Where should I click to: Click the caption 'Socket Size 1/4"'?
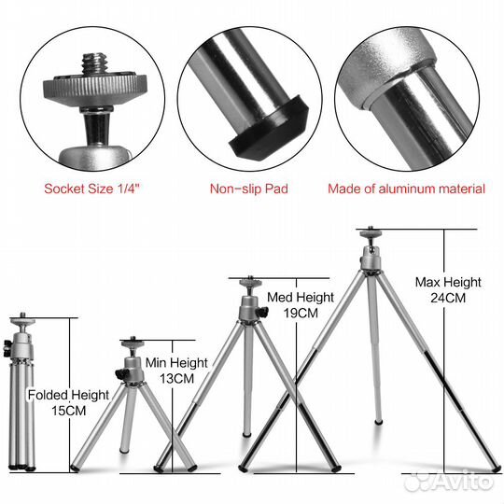click(x=92, y=189)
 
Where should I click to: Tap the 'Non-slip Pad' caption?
click(x=249, y=189)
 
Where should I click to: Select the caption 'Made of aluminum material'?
click(x=406, y=189)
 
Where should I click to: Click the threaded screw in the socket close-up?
click(x=94, y=63)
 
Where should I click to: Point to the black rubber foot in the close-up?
click(x=270, y=128)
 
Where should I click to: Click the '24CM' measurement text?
click(x=448, y=298)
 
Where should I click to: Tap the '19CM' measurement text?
click(x=301, y=313)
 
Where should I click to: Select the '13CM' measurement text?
click(x=176, y=379)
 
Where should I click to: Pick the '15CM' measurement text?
click(x=69, y=411)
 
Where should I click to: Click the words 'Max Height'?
click(x=448, y=282)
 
